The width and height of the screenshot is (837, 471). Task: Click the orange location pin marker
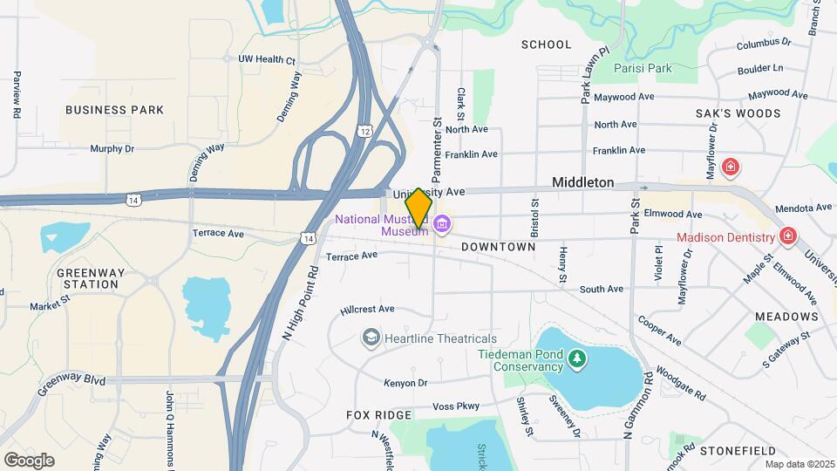coord(418,208)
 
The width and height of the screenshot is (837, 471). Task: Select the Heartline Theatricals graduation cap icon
coord(371,338)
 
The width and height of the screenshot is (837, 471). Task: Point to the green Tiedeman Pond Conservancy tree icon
coord(575,358)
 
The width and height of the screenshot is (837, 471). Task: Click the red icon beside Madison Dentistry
coord(788,236)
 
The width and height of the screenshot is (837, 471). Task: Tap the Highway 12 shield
coord(364,130)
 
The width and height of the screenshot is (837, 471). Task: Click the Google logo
coord(29,460)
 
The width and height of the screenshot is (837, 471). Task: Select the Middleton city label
coord(583,183)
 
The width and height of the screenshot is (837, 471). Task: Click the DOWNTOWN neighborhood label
coord(498,247)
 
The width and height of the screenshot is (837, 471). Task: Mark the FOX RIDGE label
coord(378,415)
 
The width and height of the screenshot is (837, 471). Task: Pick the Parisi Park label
coord(667,67)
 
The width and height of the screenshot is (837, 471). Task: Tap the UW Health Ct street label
coord(267,59)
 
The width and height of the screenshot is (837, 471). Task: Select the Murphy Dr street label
coord(112,149)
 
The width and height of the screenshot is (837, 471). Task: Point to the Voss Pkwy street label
coord(456,406)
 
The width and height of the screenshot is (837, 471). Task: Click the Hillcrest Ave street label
coord(368,309)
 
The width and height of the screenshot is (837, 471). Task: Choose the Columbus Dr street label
coord(763,42)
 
